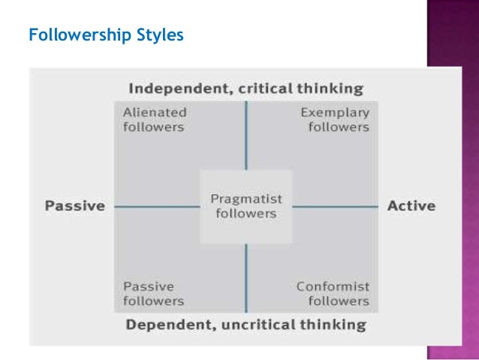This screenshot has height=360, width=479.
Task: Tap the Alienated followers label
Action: pos(153,119)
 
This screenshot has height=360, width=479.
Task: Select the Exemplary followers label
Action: pos(335,119)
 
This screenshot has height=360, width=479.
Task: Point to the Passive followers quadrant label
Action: pos(153,294)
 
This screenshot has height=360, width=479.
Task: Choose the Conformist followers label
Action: pos(333,294)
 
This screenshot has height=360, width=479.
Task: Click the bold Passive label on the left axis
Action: pos(74,206)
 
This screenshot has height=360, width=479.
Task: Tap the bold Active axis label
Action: pos(411,206)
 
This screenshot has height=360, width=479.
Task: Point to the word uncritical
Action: pos(258,325)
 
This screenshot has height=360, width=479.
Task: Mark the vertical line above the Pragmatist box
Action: pos(246,135)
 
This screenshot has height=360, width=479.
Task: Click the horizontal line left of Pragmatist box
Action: pos(158,206)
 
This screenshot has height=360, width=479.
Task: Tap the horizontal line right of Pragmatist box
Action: pos(334,206)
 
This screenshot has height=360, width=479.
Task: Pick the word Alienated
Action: pos(155,113)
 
